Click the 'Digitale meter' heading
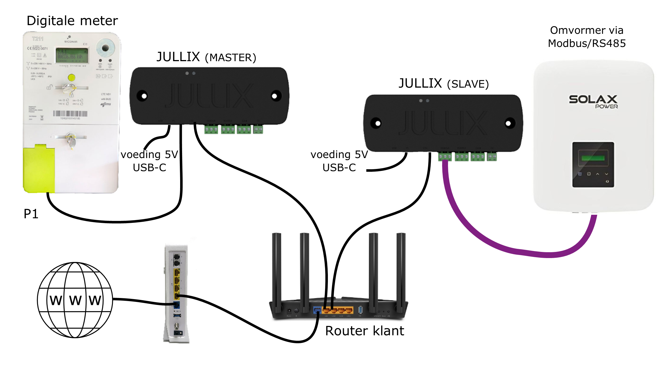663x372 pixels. click(72, 21)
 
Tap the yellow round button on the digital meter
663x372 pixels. click(71, 77)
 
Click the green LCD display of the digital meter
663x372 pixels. click(72, 55)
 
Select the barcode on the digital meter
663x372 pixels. click(70, 114)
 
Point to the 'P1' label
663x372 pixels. click(31, 214)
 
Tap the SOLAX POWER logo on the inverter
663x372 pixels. click(593, 101)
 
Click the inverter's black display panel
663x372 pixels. click(593, 165)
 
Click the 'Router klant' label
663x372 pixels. click(364, 331)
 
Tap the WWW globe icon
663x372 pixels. click(75, 300)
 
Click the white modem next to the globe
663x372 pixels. click(176, 293)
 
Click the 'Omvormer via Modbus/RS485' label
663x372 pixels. click(586, 37)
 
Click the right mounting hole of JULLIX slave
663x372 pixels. click(508, 123)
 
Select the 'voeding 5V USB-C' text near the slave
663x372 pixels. click(339, 161)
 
